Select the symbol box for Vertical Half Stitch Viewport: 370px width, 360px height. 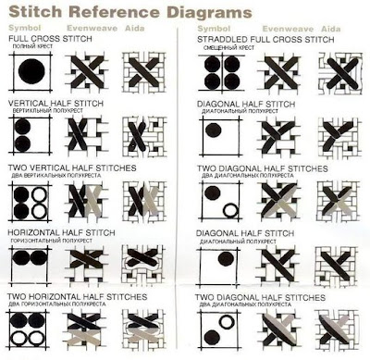(x=30, y=137)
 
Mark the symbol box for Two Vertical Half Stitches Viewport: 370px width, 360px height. (x=30, y=201)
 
